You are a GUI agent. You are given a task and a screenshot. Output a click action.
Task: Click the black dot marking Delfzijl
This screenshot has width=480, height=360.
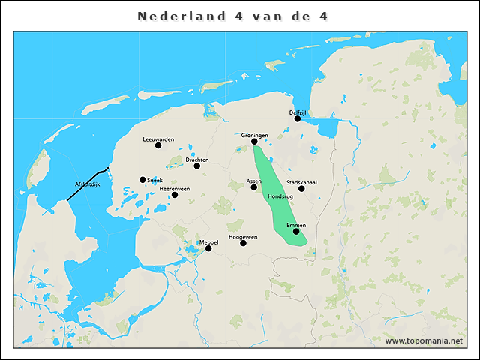(298, 118)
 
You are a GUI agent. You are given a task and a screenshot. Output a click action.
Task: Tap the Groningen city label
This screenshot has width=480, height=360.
(254, 135)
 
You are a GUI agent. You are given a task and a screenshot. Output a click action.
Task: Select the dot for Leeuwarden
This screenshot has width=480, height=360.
(158, 145)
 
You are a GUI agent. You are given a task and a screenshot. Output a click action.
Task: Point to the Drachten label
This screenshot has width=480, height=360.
(196, 160)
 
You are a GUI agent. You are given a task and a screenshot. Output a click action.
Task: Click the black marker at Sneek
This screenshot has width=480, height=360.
(142, 180)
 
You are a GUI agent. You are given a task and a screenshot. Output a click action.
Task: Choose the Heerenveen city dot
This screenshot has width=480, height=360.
(175, 195)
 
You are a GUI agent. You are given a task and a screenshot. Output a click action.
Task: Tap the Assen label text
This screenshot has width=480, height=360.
(253, 181)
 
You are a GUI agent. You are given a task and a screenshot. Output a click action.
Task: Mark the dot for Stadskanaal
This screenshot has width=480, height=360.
(301, 189)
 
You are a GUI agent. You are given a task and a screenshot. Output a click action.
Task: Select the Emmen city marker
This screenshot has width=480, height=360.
(296, 232)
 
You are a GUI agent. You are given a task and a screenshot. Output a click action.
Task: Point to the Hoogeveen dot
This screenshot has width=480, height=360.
(243, 243)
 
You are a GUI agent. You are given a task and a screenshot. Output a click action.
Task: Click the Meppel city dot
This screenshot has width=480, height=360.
(208, 248)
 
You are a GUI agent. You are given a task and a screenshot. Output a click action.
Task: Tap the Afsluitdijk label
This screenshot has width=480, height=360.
(88, 184)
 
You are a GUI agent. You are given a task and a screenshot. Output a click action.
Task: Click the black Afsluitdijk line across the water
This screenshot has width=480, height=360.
(88, 183)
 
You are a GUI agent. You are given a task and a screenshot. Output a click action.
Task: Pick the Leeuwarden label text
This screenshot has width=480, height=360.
(158, 139)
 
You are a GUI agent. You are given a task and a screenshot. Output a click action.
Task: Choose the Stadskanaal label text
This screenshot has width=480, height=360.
(301, 182)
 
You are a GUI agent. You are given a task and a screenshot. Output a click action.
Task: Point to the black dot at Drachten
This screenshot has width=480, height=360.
(197, 166)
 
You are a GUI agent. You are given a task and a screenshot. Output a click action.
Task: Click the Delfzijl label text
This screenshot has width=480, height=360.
(298, 112)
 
